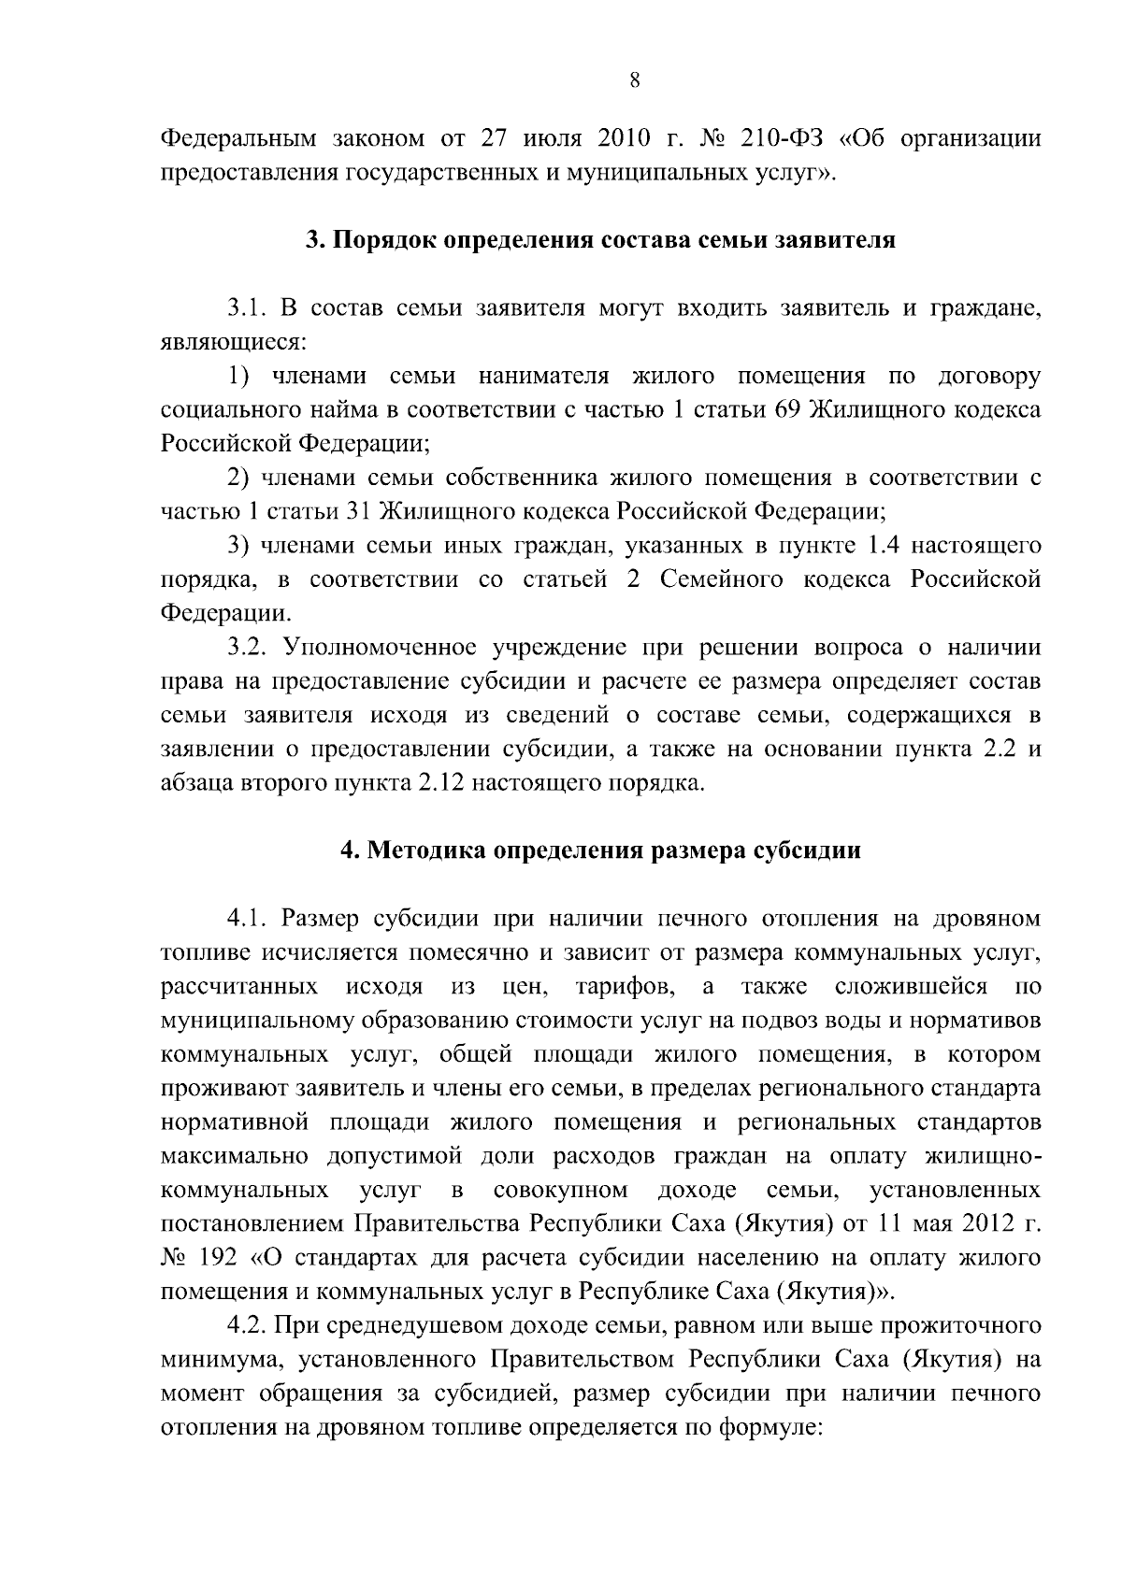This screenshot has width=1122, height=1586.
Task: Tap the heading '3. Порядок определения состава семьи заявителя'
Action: pos(601,240)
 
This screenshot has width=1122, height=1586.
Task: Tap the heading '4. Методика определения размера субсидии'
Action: pos(599,850)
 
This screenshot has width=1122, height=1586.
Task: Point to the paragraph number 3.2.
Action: pos(249,647)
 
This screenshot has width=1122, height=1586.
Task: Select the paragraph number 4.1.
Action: pos(249,918)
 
